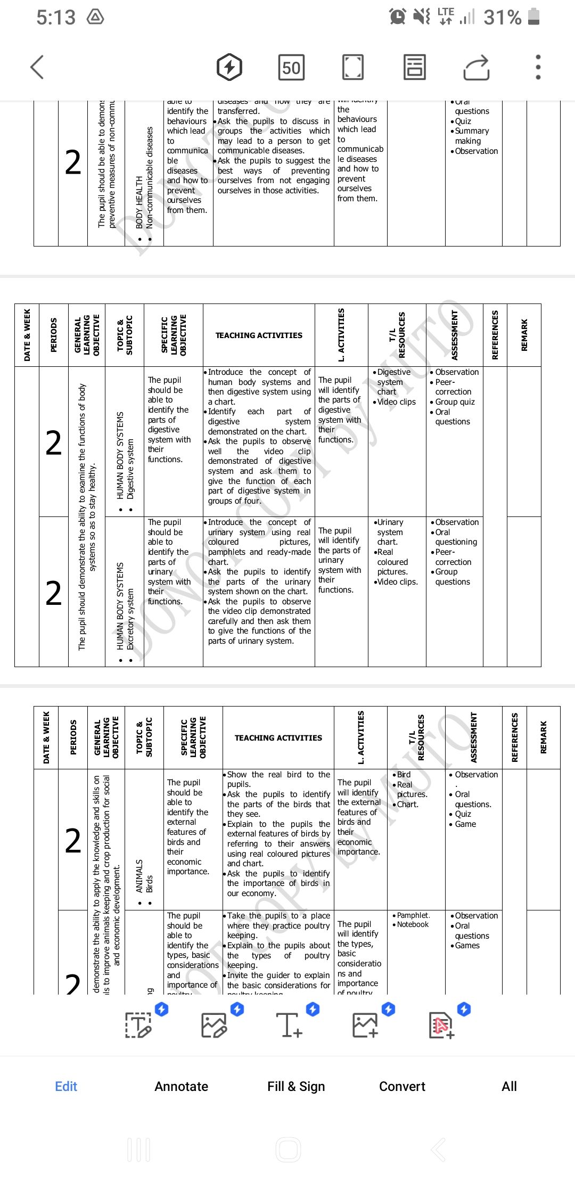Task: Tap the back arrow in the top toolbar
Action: tap(37, 68)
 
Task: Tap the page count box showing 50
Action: tap(291, 68)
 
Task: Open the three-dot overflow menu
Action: tap(538, 68)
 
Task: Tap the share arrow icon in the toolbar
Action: tap(476, 68)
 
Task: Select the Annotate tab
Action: tap(181, 1086)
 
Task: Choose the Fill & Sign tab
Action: tap(296, 1086)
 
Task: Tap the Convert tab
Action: tap(402, 1086)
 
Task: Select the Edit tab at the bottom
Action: tap(66, 1086)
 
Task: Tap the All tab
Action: tap(509, 1086)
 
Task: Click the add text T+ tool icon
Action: tap(289, 1024)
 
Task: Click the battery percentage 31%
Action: tap(502, 18)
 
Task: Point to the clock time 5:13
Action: tap(56, 18)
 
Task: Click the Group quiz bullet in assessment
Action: tap(455, 402)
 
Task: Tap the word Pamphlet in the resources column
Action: tap(413, 915)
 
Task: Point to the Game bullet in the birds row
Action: tap(465, 824)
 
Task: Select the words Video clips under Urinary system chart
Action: tap(397, 582)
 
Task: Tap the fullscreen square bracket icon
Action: tap(352, 68)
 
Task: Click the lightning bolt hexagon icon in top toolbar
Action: tap(229, 68)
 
